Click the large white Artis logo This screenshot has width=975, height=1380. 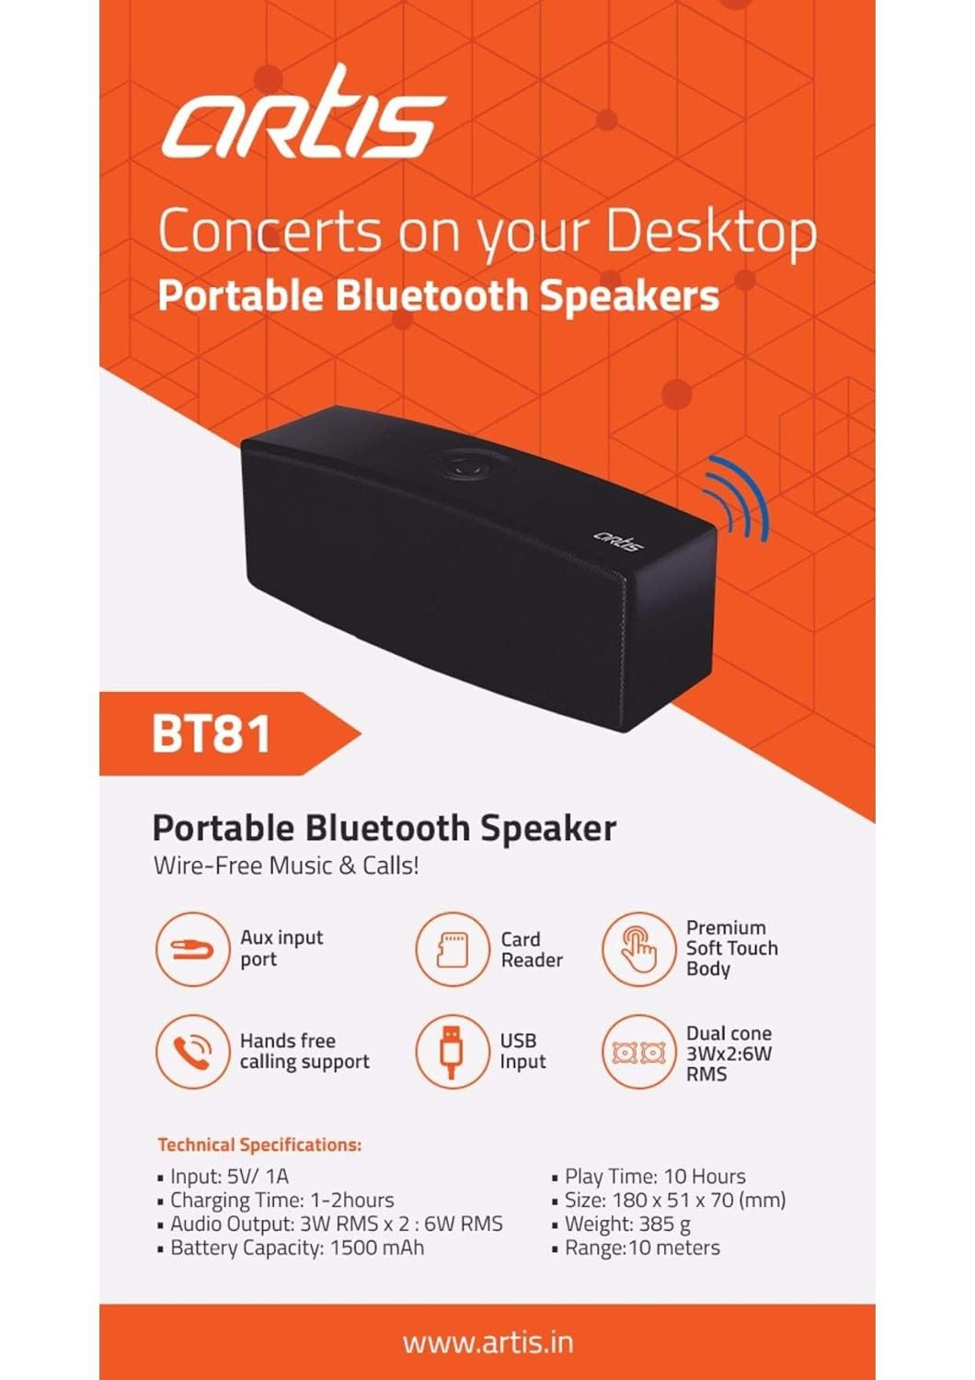[304, 116]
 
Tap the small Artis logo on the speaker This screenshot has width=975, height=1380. [617, 538]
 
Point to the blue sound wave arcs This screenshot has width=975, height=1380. [738, 500]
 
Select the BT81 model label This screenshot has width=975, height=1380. [212, 733]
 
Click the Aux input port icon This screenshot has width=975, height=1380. [192, 949]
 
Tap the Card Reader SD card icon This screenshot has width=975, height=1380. [452, 949]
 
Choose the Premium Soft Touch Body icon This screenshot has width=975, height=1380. [638, 949]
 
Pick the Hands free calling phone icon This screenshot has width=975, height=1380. [192, 1051]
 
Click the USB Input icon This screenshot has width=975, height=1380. [452, 1051]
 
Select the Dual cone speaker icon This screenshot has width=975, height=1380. [638, 1052]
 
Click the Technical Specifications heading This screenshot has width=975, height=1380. [259, 1144]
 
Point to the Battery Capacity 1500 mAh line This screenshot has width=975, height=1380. [297, 1248]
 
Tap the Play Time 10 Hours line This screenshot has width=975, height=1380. [654, 1176]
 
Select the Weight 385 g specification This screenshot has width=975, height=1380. [626, 1224]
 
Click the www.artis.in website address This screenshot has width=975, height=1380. [487, 1342]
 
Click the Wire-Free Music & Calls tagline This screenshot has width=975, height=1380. [286, 866]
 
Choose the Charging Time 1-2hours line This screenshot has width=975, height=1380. [281, 1200]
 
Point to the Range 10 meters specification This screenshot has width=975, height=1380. [641, 1248]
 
